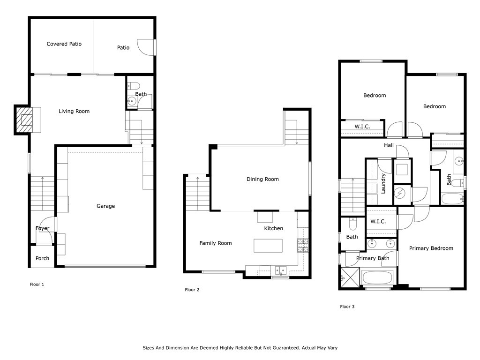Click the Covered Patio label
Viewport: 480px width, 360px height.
click(x=64, y=44)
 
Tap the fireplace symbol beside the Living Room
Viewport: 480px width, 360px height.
click(x=25, y=120)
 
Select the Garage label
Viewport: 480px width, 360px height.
click(x=105, y=206)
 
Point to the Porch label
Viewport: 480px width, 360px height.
click(x=42, y=258)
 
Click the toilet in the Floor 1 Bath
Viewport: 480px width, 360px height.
click(x=134, y=86)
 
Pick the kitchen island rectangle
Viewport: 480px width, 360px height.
click(x=268, y=246)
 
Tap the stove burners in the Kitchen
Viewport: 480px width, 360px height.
click(x=302, y=244)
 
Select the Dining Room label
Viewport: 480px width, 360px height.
click(x=262, y=179)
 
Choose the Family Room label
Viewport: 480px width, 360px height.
click(x=216, y=243)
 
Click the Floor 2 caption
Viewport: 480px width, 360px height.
click(x=192, y=290)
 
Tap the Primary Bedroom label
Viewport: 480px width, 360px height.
click(x=431, y=248)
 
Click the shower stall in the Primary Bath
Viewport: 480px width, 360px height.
click(x=349, y=278)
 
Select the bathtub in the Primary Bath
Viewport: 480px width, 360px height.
click(x=378, y=278)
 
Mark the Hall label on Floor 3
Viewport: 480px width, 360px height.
click(x=389, y=145)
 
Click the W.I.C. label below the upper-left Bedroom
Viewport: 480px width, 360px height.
click(x=362, y=127)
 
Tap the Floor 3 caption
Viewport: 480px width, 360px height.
click(x=347, y=307)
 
